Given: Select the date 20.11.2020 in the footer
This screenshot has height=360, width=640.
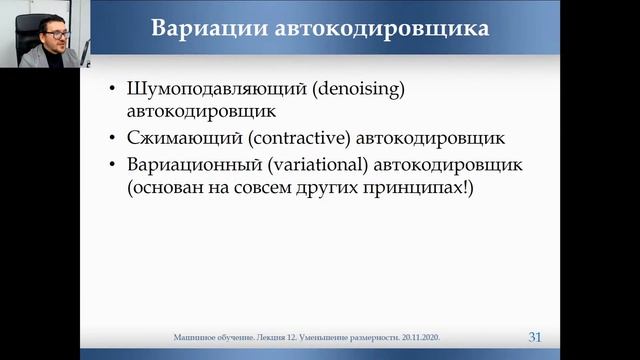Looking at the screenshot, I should pos(420,338).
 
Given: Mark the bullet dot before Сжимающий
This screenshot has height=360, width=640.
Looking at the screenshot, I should pos(113,137).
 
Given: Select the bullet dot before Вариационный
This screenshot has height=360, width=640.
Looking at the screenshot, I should pos(113,164).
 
